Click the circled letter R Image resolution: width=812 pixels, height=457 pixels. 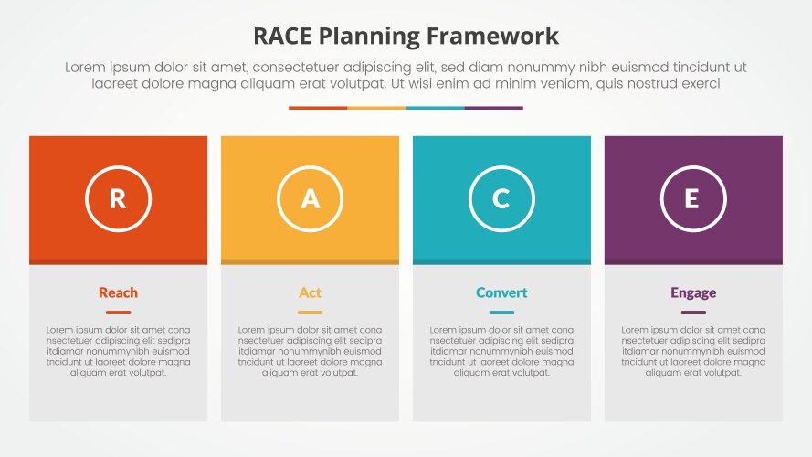pos(118,198)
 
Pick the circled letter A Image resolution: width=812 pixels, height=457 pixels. pos(310,198)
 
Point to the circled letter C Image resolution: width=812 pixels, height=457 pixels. pos(501,198)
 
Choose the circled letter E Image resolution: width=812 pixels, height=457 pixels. pos(693,198)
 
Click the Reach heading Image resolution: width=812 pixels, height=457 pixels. pos(118,292)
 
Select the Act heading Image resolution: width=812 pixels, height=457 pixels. pos(310,292)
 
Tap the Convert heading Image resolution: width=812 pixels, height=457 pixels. pos(501,292)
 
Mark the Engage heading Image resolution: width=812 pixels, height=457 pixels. pos(693,292)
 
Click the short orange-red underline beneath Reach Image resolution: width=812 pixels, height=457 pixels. pos(118,312)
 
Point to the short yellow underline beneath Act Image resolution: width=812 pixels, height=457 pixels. pos(310,312)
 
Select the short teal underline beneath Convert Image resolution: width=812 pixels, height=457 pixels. pos(501,312)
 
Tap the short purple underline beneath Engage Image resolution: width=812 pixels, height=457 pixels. pos(693,312)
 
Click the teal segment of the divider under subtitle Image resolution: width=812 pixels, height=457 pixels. pos(435,108)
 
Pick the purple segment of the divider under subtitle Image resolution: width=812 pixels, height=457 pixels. pos(493,108)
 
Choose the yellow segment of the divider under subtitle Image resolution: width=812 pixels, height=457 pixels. pos(376,108)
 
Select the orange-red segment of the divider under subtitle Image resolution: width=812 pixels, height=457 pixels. pos(318,108)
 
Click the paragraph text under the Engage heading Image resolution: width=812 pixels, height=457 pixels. pos(693,351)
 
